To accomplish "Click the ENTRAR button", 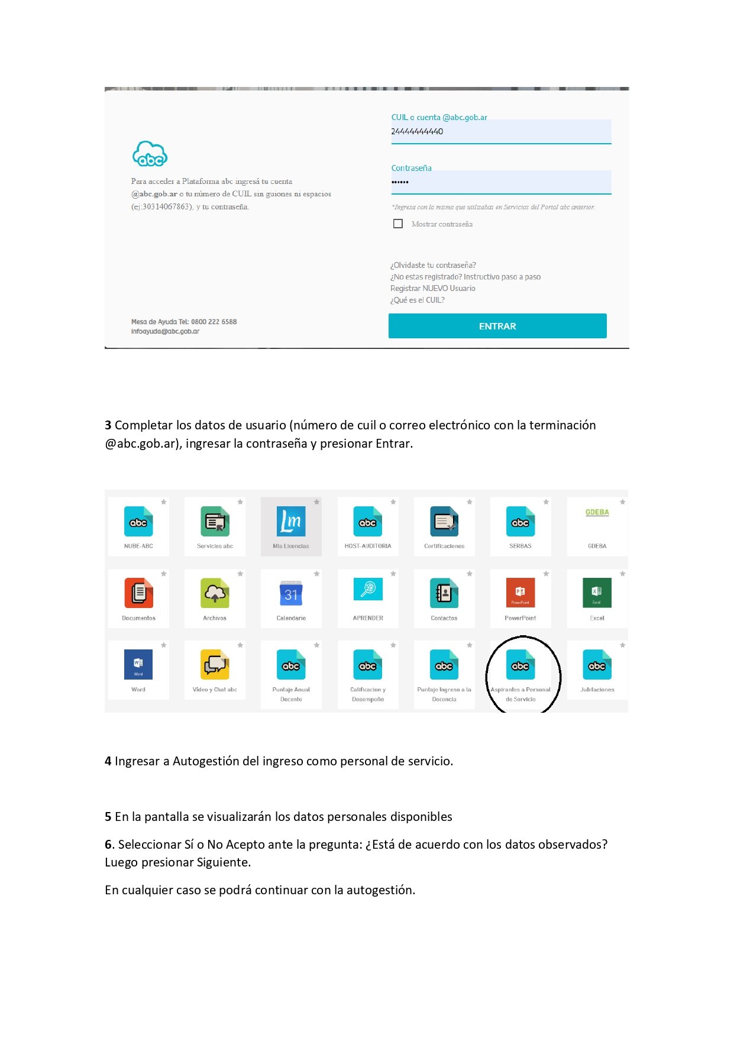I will [497, 326].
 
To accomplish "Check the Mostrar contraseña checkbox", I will [398, 224].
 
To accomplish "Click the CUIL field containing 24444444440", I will [500, 131].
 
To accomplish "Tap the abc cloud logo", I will [150, 154].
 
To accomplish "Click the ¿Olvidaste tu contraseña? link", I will [433, 265].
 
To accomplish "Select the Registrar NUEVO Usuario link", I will [432, 288].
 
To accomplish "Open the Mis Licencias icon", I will [291, 521].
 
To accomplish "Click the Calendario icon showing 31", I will [291, 593].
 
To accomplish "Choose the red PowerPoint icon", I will [520, 593].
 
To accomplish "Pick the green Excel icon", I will [597, 593].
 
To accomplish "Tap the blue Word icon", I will [138, 665].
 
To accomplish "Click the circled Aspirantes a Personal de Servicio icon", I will [520, 666].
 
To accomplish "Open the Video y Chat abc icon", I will [215, 665].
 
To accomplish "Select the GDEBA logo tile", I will [597, 513].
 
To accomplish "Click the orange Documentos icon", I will [138, 593].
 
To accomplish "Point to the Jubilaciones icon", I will [597, 665].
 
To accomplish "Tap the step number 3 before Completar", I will [108, 425].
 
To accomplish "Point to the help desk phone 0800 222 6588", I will [214, 322].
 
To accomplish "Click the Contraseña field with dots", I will [500, 182].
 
